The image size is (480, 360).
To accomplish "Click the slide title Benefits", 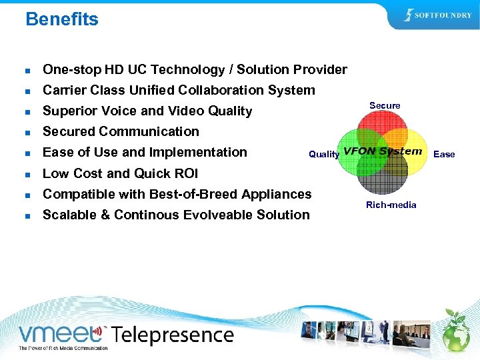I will point(61,19).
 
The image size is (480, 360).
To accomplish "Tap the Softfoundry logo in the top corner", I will point(437,15).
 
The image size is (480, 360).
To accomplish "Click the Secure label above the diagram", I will point(385,105).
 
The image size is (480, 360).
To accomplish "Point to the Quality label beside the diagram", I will point(324,154).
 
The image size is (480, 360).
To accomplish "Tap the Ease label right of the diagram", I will point(444,154).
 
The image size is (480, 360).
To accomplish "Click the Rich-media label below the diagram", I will point(391,205).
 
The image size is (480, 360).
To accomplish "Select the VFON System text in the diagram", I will point(383,151).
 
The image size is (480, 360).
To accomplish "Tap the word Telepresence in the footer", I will point(171,334).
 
